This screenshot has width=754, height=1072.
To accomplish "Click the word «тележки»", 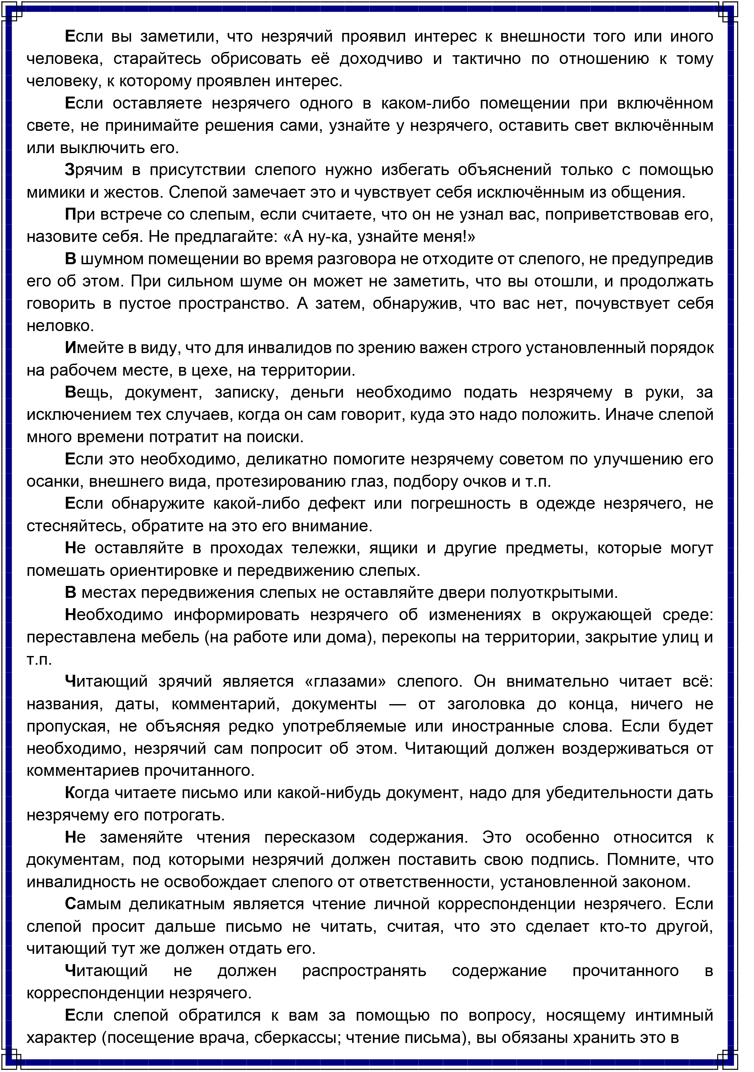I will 325,548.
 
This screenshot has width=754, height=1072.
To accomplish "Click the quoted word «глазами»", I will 345,682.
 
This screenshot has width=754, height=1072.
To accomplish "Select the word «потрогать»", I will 184,815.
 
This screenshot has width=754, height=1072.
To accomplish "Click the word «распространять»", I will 364,971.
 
